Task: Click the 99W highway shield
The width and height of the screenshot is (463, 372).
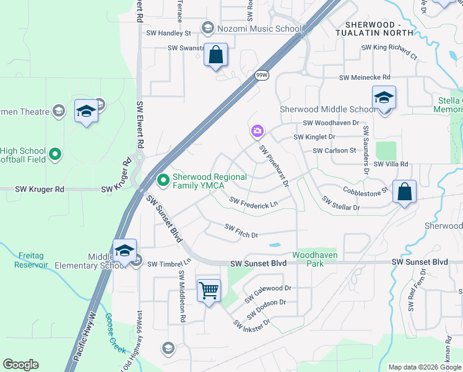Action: [261, 75]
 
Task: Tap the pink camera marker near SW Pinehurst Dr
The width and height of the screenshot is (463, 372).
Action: [257, 131]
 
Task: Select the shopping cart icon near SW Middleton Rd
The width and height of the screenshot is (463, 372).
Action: [209, 290]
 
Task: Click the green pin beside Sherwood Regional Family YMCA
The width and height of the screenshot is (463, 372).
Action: [164, 180]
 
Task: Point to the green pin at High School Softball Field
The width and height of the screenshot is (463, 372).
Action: [55, 153]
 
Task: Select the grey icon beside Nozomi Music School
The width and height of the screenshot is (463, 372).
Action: [208, 28]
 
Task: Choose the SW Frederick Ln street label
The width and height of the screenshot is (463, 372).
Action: [253, 203]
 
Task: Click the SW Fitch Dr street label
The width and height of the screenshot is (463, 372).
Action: [241, 231]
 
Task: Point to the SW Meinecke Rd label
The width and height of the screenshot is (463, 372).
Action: [365, 77]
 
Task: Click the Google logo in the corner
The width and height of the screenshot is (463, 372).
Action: [20, 365]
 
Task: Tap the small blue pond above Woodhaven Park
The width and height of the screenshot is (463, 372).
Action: [274, 245]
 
